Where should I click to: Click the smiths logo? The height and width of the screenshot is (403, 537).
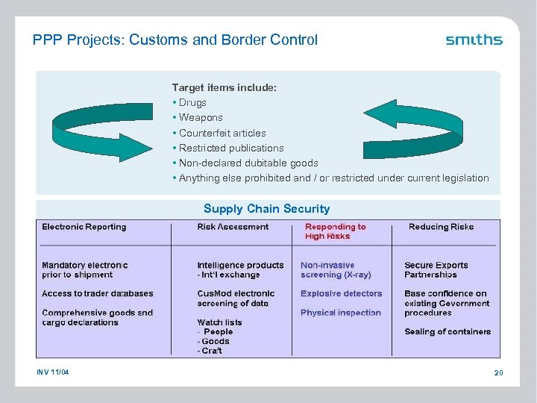click(474, 40)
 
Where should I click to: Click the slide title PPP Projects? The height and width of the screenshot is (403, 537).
click(175, 40)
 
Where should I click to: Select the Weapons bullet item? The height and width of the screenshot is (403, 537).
click(200, 118)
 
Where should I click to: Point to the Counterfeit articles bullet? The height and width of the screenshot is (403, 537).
click(222, 133)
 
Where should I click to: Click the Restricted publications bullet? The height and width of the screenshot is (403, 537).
click(230, 148)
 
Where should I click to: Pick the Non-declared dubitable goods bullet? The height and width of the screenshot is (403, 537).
click(248, 163)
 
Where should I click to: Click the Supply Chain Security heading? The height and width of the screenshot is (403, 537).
click(266, 209)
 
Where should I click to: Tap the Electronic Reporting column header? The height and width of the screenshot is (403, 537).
click(84, 227)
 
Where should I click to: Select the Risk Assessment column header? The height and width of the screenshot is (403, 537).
click(233, 227)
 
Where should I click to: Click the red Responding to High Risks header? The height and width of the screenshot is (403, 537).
click(335, 231)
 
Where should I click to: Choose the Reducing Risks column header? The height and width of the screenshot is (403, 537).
click(441, 227)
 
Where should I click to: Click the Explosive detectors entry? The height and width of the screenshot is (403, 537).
click(341, 294)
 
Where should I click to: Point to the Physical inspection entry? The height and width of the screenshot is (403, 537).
click(340, 313)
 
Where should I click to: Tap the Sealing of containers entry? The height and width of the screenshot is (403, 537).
click(447, 332)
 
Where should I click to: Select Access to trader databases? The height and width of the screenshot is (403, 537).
click(98, 294)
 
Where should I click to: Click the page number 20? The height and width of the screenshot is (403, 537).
click(498, 372)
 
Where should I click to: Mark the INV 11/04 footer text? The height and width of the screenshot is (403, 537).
click(51, 372)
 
